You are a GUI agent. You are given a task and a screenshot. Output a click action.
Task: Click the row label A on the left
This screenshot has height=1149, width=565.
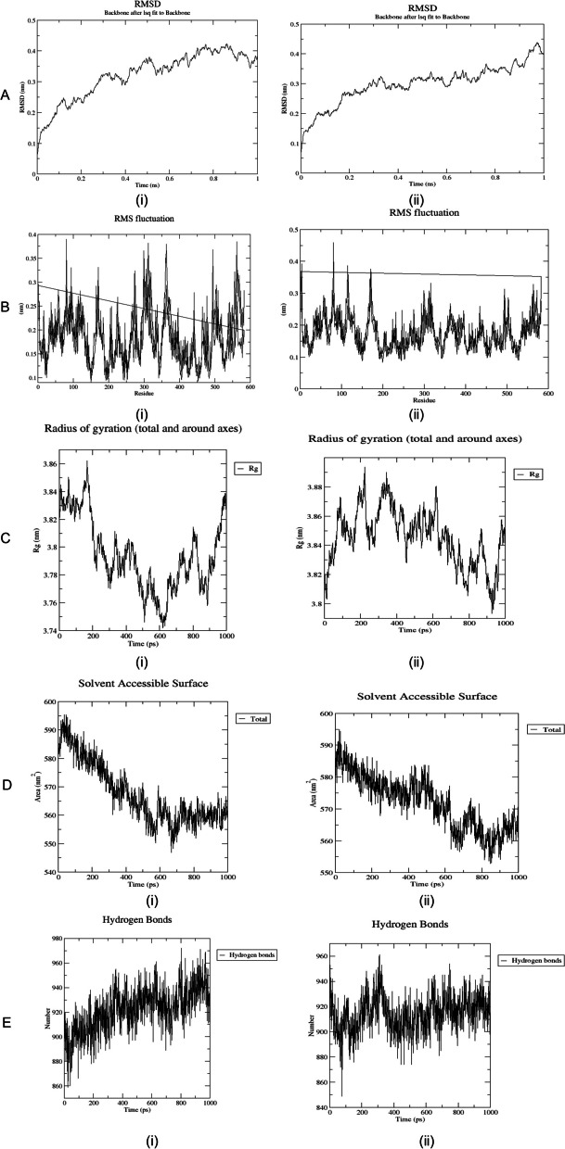pyautogui.click(x=7, y=95)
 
